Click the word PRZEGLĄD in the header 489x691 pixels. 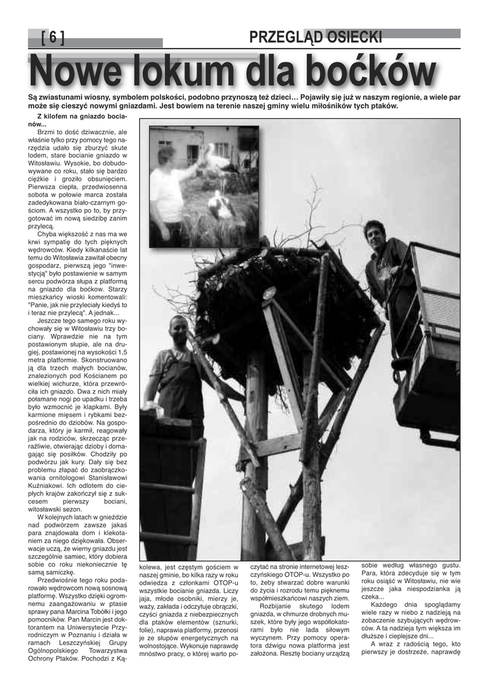284,38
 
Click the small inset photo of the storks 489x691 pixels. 203,186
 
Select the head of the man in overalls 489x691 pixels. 178,329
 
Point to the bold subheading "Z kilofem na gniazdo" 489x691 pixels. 78,117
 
